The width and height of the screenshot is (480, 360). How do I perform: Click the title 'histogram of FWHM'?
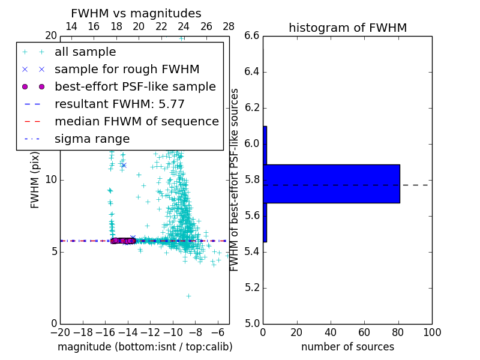[347, 28]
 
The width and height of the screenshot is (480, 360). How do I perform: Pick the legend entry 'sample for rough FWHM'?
[127, 70]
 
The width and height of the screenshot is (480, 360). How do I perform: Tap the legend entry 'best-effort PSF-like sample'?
[135, 87]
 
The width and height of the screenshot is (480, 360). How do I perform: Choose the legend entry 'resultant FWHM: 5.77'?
[119, 104]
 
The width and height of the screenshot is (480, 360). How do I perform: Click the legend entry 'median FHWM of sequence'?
[136, 122]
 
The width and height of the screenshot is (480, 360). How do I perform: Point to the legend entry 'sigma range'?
[92, 139]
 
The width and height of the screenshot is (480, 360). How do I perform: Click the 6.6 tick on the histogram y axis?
[253, 36]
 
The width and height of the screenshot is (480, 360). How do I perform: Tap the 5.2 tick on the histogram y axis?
[253, 287]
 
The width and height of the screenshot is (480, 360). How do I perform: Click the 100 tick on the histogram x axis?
[432, 332]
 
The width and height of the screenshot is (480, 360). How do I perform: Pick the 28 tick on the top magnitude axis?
[229, 27]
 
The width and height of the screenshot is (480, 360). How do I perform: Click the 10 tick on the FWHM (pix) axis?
[50, 180]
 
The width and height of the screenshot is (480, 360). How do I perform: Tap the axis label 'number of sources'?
[347, 347]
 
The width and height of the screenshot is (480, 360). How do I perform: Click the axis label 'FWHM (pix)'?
[35, 180]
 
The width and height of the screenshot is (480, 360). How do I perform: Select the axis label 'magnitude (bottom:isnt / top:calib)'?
[145, 347]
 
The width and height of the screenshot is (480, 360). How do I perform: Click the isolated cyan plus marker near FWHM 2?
[188, 296]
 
